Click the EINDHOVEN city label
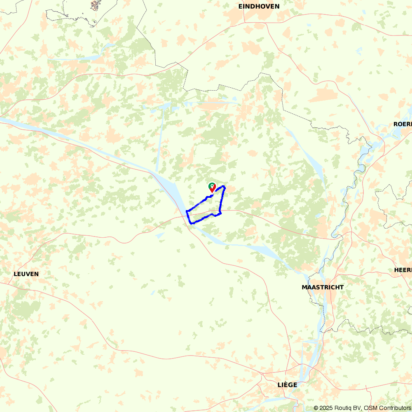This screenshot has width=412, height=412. click(259, 6)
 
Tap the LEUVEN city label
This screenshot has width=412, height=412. click(26, 274)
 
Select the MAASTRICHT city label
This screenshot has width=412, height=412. click(323, 287)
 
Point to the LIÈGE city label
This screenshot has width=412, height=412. click(287, 384)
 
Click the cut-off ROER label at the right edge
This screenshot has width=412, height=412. click(403, 124)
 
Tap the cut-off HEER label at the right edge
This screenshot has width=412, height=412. click(403, 269)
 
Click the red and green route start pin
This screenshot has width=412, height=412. click(212, 187)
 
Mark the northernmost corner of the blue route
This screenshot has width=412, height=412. click(224, 187)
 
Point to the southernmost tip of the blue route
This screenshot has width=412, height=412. click(191, 223)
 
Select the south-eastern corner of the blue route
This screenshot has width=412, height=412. click(220, 213)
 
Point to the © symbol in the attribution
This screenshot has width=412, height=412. click(316, 408)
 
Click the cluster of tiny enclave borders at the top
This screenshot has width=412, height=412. click(96, 6)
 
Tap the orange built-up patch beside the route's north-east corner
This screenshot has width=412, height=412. click(229, 189)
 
